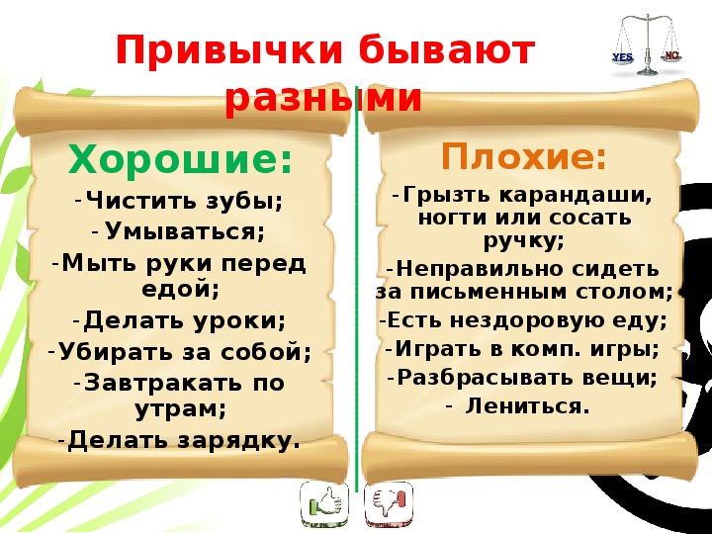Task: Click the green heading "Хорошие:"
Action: point(180,161)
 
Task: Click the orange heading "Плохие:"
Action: point(523,156)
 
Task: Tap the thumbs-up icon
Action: point(324,504)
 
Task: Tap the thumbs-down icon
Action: point(389,504)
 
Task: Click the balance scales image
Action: point(647,44)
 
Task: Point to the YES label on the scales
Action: point(623,57)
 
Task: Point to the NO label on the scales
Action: point(672,55)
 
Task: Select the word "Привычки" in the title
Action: point(229,51)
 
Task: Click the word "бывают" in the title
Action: point(447,50)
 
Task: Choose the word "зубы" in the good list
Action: point(244,200)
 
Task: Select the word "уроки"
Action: point(240,321)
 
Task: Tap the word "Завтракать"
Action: point(163,382)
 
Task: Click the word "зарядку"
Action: point(239,440)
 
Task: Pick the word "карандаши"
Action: point(576,195)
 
